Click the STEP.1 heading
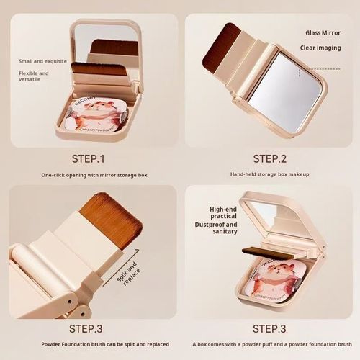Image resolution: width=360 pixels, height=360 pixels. click(x=89, y=158)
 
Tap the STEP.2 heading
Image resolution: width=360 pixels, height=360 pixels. click(x=270, y=158)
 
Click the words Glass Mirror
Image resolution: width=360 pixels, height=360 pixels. click(x=321, y=32)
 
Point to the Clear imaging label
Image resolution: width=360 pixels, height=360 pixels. click(x=321, y=49)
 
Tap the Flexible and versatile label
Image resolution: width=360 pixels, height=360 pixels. click(x=34, y=76)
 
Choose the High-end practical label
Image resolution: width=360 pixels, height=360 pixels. click(x=223, y=213)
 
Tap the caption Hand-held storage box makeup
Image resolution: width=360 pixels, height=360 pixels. click(x=270, y=175)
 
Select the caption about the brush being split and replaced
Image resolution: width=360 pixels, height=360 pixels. click(x=90, y=346)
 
